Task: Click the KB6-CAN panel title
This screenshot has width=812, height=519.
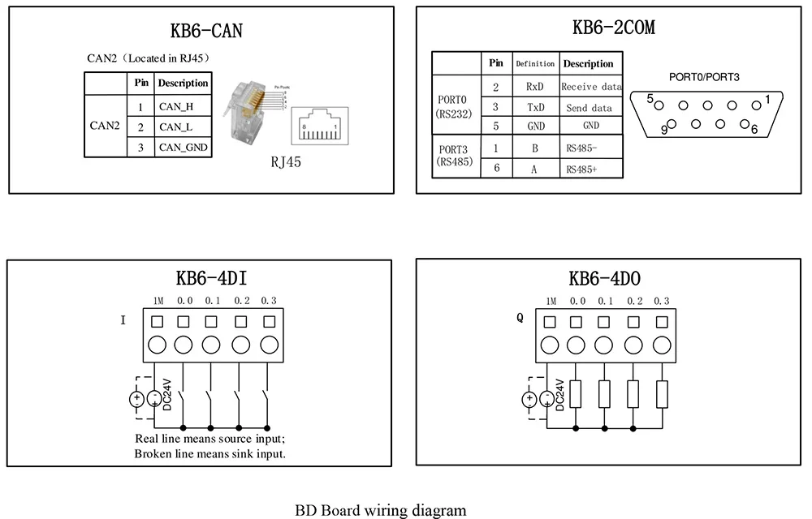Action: [x=206, y=32]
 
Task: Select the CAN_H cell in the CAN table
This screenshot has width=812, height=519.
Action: [x=176, y=106]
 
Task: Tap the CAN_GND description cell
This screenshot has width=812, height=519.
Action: [x=183, y=147]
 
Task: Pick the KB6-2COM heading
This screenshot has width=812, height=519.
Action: [x=613, y=28]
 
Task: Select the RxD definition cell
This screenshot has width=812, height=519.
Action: [x=534, y=86]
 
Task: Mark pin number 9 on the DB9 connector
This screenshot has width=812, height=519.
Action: [x=665, y=130]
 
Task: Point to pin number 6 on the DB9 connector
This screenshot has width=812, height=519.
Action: [x=754, y=129]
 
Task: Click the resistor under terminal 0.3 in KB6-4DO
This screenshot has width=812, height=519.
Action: [x=662, y=395]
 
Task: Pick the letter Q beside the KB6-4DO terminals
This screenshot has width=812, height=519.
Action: [x=520, y=318]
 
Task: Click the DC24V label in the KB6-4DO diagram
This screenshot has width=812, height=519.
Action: [x=561, y=393]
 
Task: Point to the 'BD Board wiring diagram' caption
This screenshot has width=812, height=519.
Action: [x=380, y=510]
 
